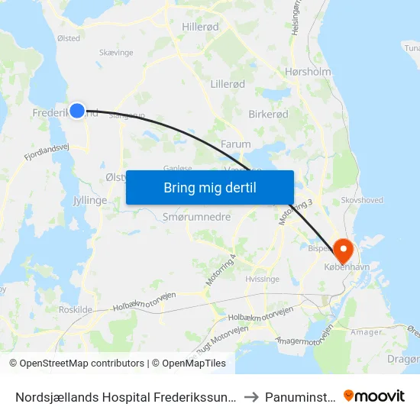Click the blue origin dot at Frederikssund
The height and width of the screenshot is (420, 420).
click(76, 111)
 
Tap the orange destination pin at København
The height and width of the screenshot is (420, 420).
click(342, 249)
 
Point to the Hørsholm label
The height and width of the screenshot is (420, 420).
click(307, 73)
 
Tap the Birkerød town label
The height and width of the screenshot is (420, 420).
click(269, 113)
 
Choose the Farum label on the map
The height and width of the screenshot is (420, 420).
click(235, 144)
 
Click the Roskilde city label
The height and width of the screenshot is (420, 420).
click(76, 310)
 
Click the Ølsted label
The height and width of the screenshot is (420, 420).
click(68, 38)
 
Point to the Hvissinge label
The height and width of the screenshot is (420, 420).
click(260, 279)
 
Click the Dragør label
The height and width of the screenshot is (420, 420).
click(404, 360)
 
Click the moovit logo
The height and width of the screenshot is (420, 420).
click(374, 396)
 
